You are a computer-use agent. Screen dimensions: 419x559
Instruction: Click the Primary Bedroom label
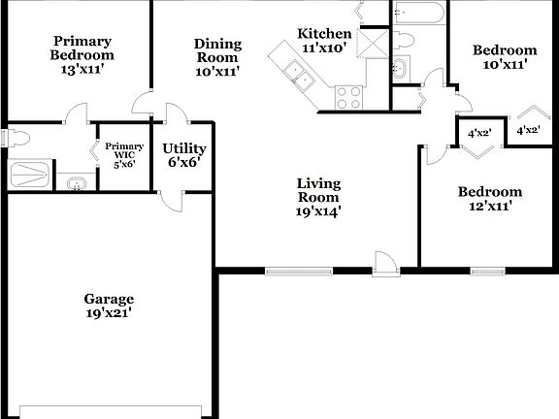click(82, 55)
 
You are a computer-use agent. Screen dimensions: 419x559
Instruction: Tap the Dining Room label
click(217, 56)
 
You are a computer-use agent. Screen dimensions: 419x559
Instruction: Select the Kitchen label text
click(317, 40)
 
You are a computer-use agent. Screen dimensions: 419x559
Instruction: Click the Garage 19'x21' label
click(109, 306)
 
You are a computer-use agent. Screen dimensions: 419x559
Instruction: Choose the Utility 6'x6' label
click(183, 155)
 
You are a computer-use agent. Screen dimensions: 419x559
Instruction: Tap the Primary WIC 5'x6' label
click(125, 155)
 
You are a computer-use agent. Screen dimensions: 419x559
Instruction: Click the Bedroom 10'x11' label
click(504, 57)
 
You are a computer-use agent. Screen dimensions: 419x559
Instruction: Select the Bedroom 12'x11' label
click(489, 199)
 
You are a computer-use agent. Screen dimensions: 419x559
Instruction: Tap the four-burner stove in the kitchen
click(348, 97)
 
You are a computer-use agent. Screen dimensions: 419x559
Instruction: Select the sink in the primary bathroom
click(76, 183)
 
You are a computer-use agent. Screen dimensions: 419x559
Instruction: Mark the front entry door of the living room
click(384, 264)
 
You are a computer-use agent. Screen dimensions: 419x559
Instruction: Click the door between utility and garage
click(169, 199)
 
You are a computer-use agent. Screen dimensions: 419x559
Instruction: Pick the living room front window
click(299, 271)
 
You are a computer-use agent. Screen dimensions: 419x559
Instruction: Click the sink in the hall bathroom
click(401, 69)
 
